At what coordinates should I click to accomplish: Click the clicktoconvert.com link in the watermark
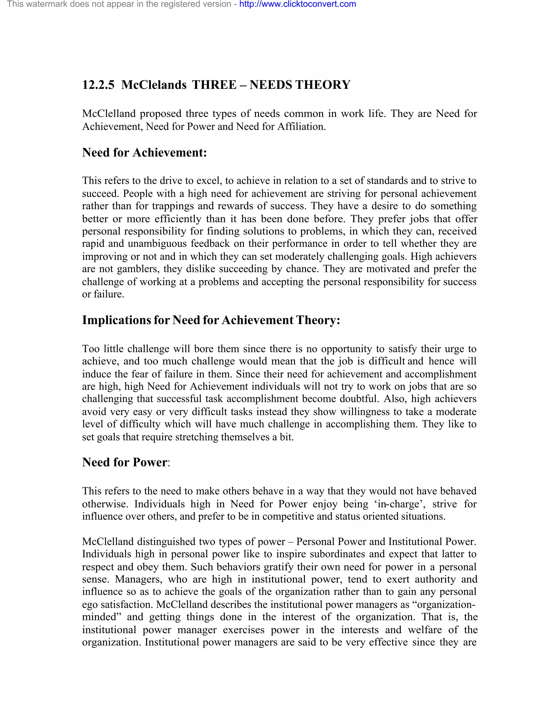tap(298, 4)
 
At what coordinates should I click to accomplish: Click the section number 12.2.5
tap(98, 85)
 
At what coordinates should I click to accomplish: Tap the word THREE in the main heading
tap(214, 85)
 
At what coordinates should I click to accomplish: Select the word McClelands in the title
tap(154, 85)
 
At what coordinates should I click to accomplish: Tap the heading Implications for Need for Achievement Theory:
tap(211, 320)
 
